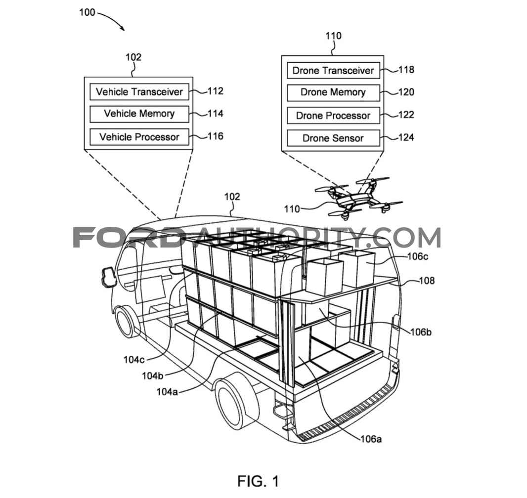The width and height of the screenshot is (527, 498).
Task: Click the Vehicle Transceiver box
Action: [x=139, y=92]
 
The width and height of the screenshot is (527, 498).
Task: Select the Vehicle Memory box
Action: [x=139, y=114]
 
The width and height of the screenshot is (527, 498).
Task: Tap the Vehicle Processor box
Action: [x=139, y=137]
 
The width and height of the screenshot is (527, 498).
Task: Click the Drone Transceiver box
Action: [x=333, y=71]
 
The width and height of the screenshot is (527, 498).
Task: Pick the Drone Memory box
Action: [x=333, y=92]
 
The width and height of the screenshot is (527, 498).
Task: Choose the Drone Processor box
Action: [x=333, y=116]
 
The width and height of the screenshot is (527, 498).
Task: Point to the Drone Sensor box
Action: [x=333, y=138]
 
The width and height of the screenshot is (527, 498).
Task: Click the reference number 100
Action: [x=87, y=12]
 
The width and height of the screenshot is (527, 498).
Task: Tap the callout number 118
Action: [x=406, y=70]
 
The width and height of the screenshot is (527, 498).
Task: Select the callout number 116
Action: [x=216, y=136]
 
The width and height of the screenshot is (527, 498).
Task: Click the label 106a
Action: [x=371, y=439]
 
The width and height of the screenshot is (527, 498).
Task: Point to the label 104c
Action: [x=134, y=360]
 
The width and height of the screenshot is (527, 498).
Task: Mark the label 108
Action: [x=427, y=281]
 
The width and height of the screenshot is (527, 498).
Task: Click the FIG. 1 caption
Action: [x=258, y=481]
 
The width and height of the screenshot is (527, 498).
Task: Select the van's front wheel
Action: [x=125, y=322]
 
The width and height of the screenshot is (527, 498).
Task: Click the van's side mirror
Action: [x=108, y=277]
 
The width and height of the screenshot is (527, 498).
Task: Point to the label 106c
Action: [x=418, y=256]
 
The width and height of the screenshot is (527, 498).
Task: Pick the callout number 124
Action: [x=406, y=137]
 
